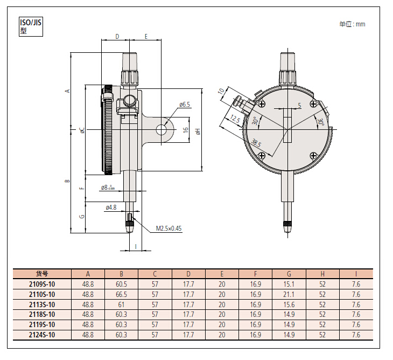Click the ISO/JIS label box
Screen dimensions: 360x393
(30, 26)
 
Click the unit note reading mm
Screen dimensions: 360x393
(352, 24)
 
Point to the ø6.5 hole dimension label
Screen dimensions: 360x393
(185, 104)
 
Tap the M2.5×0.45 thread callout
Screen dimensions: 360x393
(169, 229)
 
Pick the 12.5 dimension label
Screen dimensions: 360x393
(235, 119)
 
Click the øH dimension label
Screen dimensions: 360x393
(198, 130)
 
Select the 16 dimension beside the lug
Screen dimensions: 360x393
(185, 130)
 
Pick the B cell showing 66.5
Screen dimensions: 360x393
(121, 294)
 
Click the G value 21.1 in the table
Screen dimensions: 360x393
(289, 294)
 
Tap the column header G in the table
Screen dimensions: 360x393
(289, 273)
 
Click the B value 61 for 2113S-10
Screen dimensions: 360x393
(121, 304)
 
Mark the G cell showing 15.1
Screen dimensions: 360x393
(289, 284)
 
